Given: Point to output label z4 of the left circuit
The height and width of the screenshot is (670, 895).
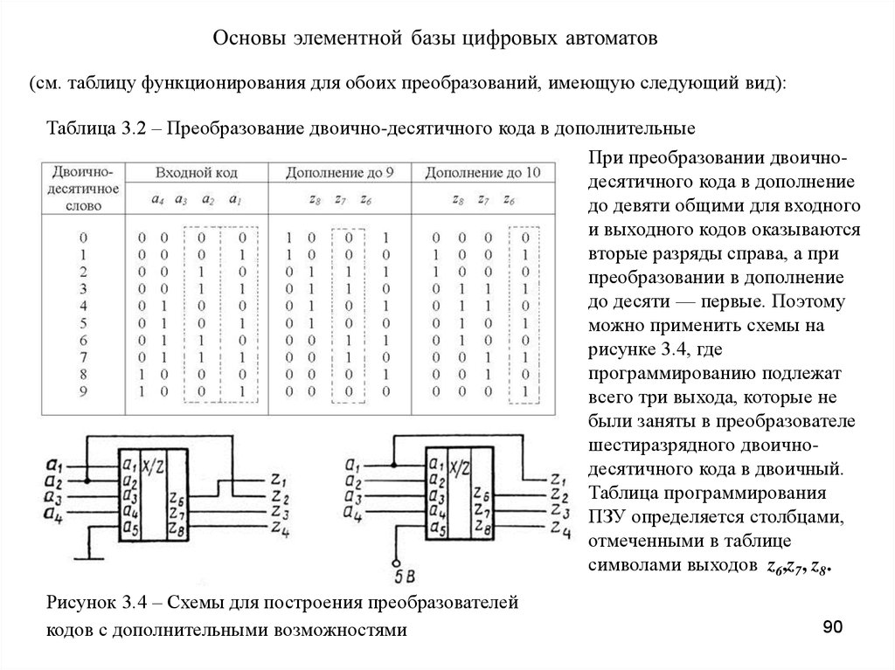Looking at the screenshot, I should [x=279, y=529].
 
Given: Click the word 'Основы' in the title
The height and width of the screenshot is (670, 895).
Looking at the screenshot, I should [x=251, y=40].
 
